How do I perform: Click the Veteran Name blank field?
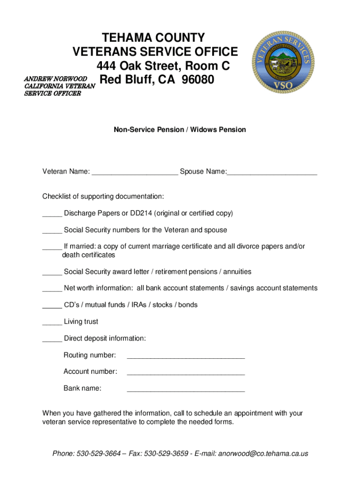[x=135, y=173]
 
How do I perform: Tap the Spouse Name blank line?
[x=272, y=173]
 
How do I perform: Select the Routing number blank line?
[x=186, y=356]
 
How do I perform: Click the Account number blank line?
[x=186, y=373]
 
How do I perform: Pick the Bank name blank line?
[x=186, y=389]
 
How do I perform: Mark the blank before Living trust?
[x=52, y=323]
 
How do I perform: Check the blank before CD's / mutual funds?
[x=52, y=306]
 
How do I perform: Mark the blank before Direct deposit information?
[x=52, y=339]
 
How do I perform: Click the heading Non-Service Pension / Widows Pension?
[x=180, y=130]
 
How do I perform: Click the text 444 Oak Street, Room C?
[x=163, y=66]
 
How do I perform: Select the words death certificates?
[x=88, y=255]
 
